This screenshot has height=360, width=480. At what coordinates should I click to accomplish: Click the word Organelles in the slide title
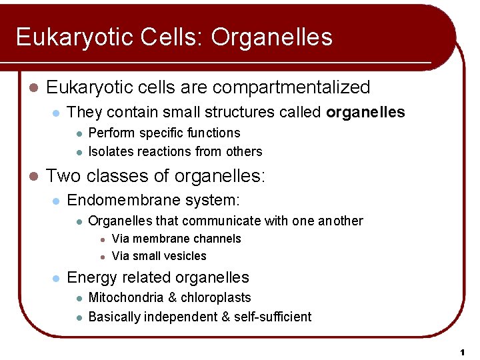[272, 37]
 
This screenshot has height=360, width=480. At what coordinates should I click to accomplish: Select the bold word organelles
[365, 112]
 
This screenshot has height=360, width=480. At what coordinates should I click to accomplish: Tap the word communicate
[221, 221]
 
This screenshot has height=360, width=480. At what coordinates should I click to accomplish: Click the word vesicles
[184, 256]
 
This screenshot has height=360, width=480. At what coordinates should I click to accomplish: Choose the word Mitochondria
[123, 297]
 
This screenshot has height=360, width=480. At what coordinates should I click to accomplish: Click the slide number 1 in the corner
[461, 351]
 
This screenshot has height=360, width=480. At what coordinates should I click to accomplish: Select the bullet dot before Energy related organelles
[57, 278]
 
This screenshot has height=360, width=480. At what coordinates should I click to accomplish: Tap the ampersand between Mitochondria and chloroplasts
[165, 297]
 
